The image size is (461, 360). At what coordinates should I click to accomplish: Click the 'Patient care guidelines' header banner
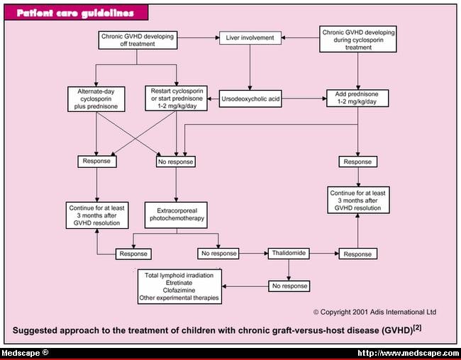[x=76, y=13]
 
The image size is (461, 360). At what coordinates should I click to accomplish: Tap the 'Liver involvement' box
[x=250, y=38]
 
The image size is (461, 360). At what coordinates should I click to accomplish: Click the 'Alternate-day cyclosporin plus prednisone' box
[x=96, y=99]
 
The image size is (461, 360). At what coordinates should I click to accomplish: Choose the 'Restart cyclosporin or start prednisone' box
[x=177, y=99]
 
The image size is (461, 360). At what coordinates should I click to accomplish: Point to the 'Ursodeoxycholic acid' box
[x=250, y=99]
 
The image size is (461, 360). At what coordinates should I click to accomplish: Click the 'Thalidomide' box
[x=289, y=253]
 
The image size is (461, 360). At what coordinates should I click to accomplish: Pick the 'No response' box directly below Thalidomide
[x=289, y=286]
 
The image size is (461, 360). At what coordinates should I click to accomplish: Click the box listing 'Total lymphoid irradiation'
[x=180, y=286]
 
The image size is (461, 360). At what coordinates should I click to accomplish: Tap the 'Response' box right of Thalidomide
[x=357, y=253]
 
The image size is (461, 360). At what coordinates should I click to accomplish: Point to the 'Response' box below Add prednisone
[x=357, y=162]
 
